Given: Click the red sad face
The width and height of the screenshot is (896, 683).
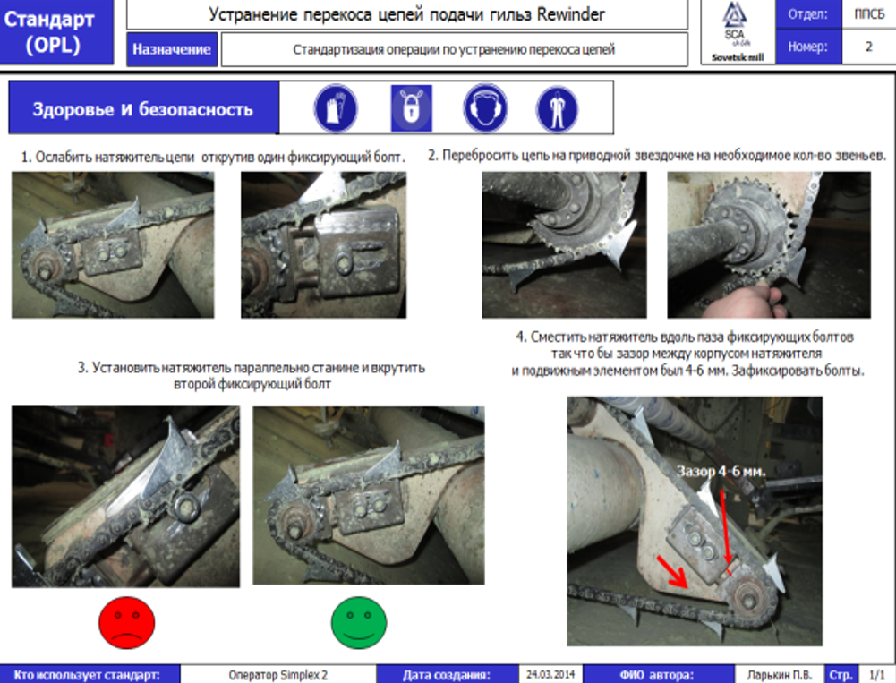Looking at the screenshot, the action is (x=126, y=622).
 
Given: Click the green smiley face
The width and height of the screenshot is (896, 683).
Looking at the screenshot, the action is (x=359, y=622).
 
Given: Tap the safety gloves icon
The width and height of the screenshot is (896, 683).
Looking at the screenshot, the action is (x=336, y=108).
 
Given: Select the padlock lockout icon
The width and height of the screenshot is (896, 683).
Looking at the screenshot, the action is (x=412, y=108).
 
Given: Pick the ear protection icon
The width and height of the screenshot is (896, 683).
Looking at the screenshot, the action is (x=485, y=108).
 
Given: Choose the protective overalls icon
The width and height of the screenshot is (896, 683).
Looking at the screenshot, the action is (x=557, y=108).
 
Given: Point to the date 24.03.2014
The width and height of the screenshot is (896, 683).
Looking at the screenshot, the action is (x=550, y=674).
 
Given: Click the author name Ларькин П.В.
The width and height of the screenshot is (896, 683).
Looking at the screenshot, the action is (x=780, y=675).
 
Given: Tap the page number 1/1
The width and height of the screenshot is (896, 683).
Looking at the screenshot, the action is (x=876, y=675).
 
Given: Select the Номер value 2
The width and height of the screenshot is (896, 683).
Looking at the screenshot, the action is (x=868, y=47).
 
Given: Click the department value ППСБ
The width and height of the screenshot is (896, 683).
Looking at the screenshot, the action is (x=869, y=13).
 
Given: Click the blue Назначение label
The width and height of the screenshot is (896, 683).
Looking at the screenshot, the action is (x=172, y=49).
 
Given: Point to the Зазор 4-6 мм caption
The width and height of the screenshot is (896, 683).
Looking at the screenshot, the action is (x=721, y=472).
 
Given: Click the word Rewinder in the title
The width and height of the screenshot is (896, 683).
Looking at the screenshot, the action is (x=570, y=13).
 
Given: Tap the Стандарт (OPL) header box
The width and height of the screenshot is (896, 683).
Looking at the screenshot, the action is (x=56, y=32).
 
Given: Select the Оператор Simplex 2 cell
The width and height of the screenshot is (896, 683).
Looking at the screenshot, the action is (x=277, y=675).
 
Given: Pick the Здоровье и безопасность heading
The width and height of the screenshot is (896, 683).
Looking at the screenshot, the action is (x=143, y=108).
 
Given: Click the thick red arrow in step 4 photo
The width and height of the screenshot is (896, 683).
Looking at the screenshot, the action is (x=672, y=571).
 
